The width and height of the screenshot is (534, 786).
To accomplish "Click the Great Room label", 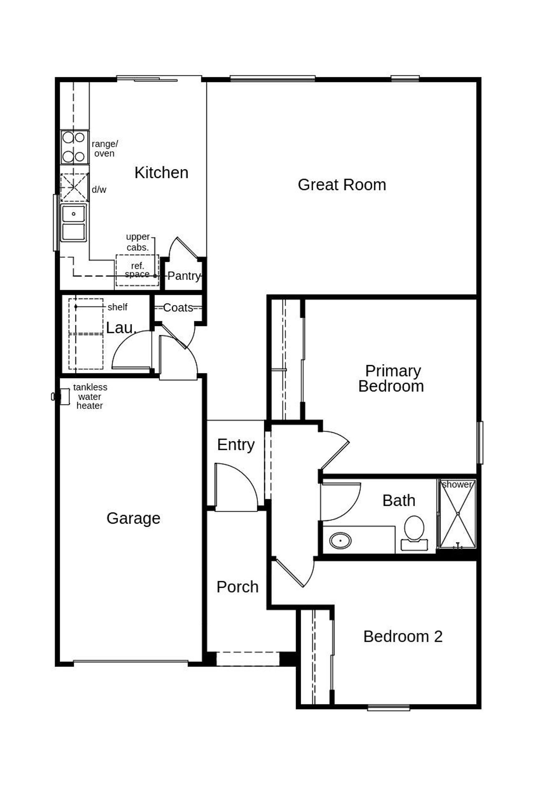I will pos(342,185).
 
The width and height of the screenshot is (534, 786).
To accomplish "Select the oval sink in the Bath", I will pos(340,541).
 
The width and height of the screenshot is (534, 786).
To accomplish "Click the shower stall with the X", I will pos(458,514).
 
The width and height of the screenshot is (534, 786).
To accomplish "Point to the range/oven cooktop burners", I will pos(74,147).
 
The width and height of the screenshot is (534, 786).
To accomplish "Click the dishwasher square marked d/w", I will pos(74,188).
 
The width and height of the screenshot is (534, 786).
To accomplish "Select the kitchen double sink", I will pos(73,223).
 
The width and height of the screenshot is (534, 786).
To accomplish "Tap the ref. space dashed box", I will pos(137,270).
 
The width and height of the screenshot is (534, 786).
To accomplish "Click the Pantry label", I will pos(184,276).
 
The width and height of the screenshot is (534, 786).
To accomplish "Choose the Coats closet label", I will pos(178,308).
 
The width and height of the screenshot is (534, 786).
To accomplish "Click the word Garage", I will pos(133,518).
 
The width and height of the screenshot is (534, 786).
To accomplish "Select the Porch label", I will pos(237,587).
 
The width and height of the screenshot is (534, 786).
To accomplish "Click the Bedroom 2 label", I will pos(403,637).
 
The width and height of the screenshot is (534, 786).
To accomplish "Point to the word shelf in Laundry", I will pos(117,307).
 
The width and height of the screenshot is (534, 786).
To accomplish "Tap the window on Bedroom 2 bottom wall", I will pos(388,707).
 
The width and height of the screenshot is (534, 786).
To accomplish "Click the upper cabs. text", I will pos(138,242).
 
